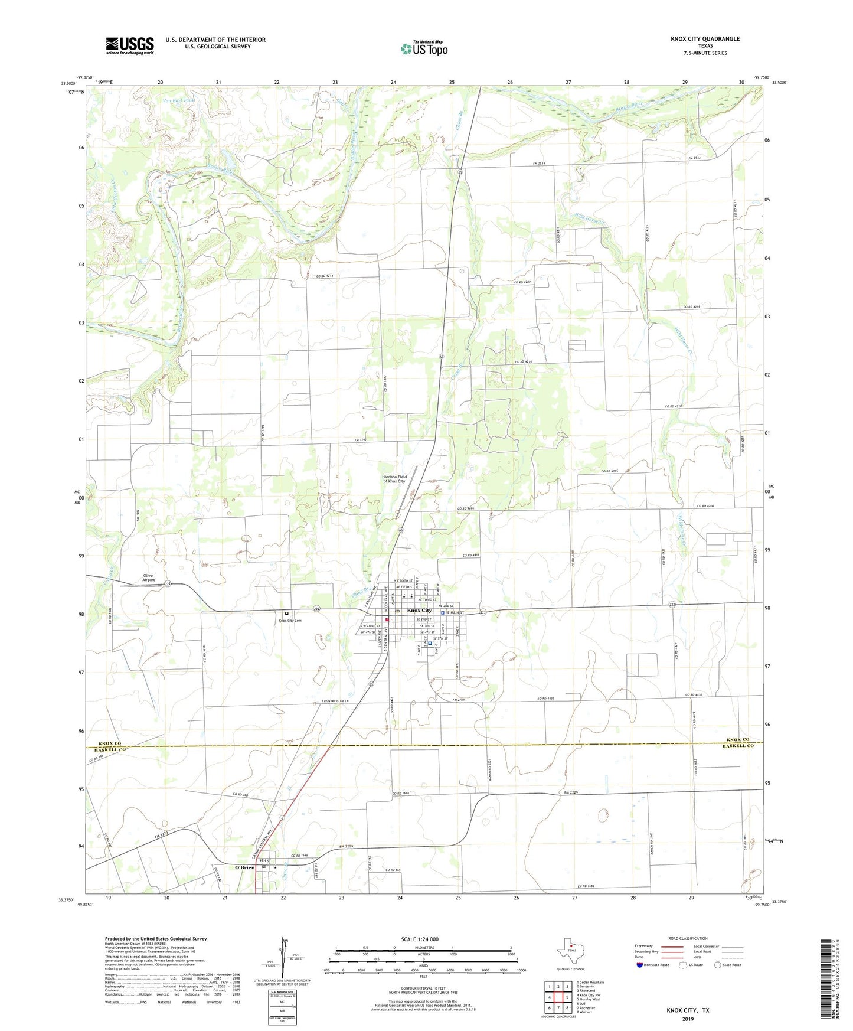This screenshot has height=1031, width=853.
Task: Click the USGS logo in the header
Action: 130,45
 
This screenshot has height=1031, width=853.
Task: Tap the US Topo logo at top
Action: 424,48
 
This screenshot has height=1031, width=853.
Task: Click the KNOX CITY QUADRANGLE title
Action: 705,39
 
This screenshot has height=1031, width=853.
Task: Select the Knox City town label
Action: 420,610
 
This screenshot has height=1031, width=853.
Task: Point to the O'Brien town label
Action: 244,867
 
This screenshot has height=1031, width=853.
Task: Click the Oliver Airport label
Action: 148,578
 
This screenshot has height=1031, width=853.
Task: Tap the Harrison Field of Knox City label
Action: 394,479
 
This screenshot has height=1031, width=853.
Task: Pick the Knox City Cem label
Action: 290,621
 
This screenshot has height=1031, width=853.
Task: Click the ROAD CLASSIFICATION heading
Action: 688,938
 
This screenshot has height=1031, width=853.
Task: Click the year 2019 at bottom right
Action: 688,1019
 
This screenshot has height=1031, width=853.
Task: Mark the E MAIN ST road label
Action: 456,613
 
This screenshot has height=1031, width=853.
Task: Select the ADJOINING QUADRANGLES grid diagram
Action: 558,995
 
